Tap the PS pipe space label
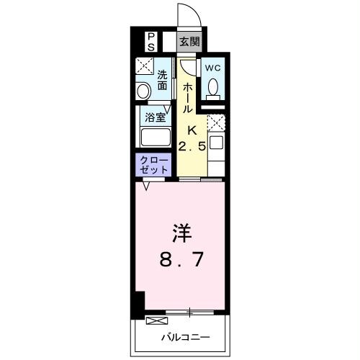click(151, 41)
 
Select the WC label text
click(212, 68)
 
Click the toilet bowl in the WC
click(212, 88)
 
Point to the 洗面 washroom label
click(163, 80)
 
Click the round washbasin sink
click(143, 91)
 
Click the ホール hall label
click(187, 96)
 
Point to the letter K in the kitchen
click(192, 130)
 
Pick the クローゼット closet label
click(153, 164)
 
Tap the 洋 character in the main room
click(180, 234)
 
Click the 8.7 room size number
click(180, 257)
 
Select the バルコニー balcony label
click(185, 336)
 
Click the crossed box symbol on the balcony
click(156, 320)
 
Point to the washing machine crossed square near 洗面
click(144, 67)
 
